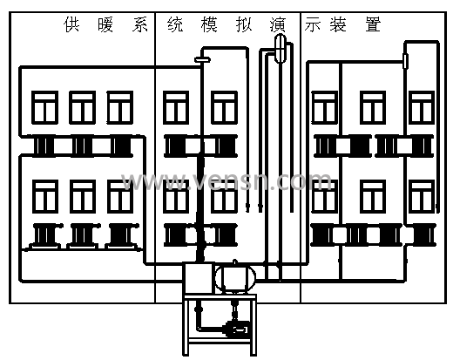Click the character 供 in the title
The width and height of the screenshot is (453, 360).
coord(71,24)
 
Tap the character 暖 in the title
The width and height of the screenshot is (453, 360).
coord(105,24)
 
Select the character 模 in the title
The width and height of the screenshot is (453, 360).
coord(209,24)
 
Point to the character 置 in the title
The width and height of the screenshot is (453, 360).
coord(373,24)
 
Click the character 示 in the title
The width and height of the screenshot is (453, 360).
coord(313,24)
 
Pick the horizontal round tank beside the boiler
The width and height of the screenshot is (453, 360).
coord(235,278)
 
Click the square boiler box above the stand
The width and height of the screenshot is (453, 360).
coord(198,278)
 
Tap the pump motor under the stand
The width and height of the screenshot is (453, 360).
coord(237,329)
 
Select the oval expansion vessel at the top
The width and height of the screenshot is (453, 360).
coord(281,48)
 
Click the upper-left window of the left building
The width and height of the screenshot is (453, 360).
coord(44,107)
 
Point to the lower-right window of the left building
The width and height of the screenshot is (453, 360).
coord(120,196)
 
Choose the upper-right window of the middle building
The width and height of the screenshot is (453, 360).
coord(224,107)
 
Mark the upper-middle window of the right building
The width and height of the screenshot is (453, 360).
coord(373,107)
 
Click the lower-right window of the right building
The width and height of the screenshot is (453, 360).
coord(422,196)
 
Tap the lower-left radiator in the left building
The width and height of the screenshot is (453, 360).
coord(44,235)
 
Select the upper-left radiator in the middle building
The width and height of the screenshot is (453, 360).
coord(175,146)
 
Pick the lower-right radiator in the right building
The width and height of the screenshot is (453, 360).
coord(424,235)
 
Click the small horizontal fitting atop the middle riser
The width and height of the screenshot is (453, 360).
coord(202,60)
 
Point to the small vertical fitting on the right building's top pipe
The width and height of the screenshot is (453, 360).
coord(405,61)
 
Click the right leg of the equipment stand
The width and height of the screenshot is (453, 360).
coord(254,325)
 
